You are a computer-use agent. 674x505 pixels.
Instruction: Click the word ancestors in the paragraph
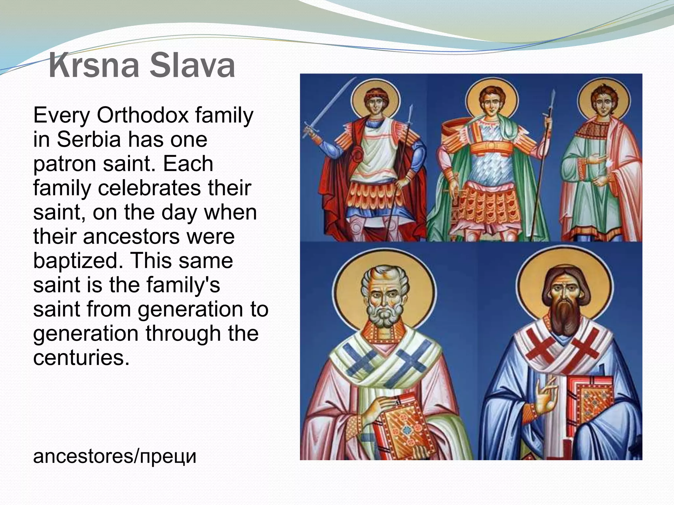tap(131, 236)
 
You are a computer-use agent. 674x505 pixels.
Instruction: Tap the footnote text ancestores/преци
tap(115, 456)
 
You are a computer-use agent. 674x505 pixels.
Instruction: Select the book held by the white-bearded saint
tap(400, 427)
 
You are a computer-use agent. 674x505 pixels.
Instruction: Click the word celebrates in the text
tap(149, 188)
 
